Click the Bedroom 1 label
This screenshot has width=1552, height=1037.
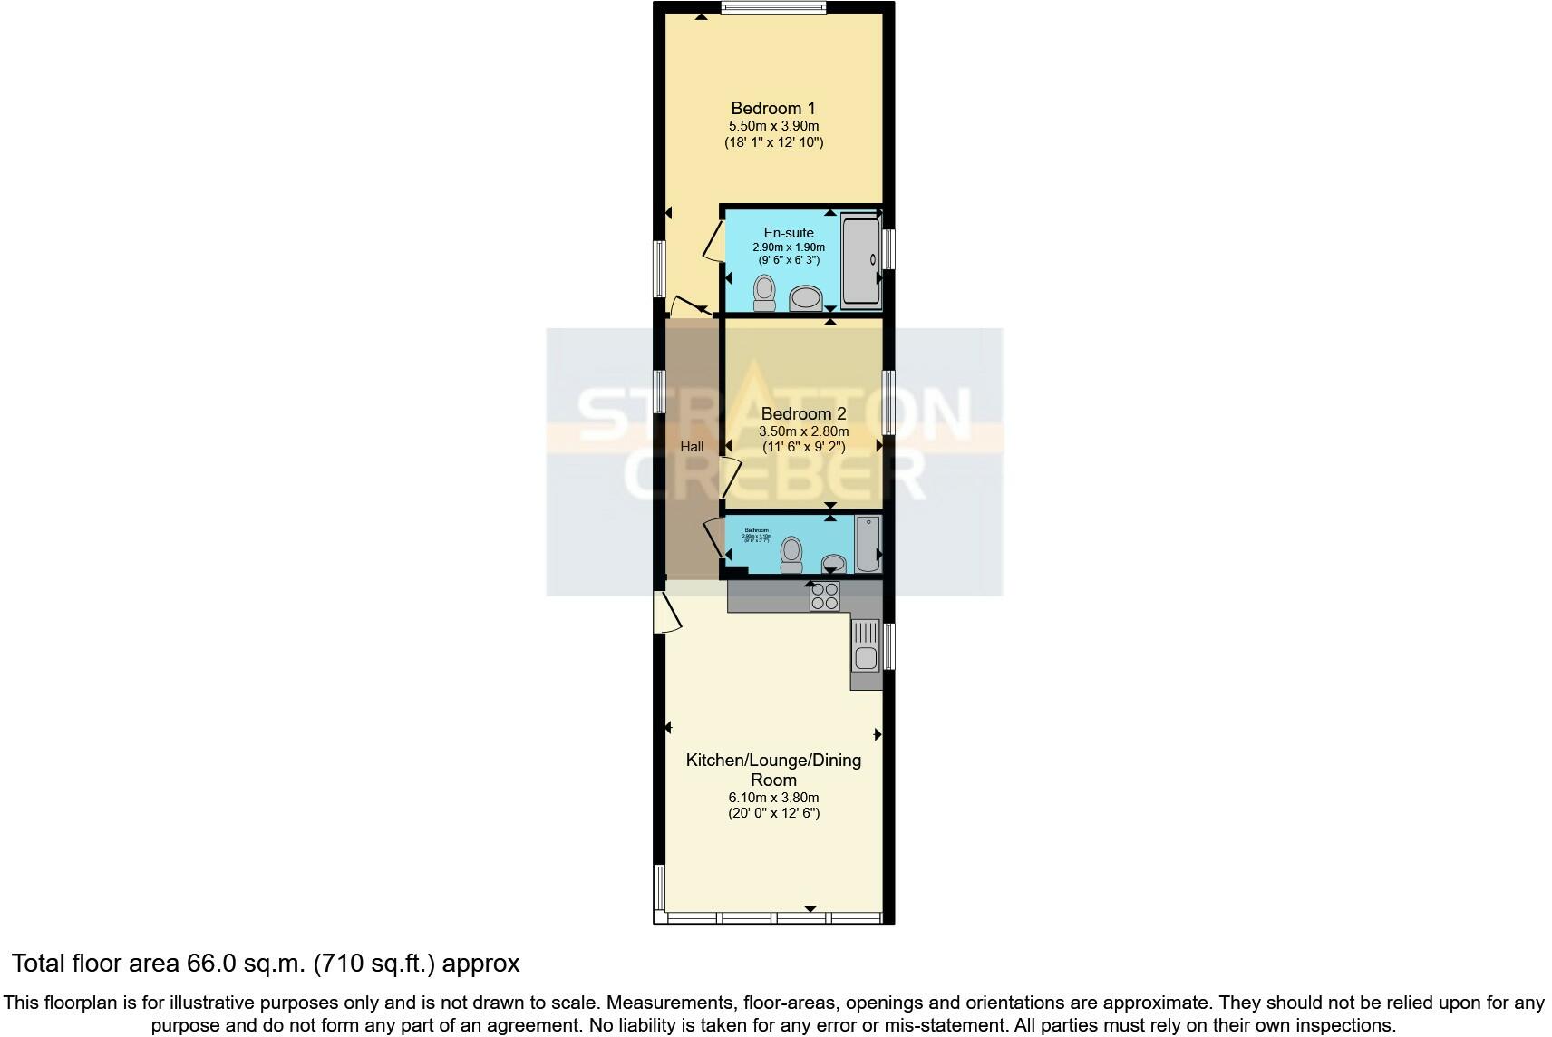(772, 108)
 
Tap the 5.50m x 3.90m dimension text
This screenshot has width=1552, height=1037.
(772, 126)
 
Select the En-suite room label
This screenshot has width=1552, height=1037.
(788, 233)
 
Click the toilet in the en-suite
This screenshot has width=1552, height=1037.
(764, 293)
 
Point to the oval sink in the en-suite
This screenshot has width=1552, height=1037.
(804, 297)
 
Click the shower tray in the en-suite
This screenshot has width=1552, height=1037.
(860, 260)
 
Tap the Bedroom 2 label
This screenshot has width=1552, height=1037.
(803, 413)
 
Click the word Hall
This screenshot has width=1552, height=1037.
(692, 447)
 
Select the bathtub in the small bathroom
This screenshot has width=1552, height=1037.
(868, 544)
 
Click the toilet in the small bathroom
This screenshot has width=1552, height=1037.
(791, 554)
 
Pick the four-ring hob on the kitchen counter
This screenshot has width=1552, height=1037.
(824, 596)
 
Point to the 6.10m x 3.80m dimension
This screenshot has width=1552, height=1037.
(772, 798)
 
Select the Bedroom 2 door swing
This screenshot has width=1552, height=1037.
(731, 477)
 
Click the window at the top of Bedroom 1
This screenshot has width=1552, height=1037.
(773, 8)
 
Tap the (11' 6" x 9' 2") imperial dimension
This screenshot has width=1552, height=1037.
(803, 447)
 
